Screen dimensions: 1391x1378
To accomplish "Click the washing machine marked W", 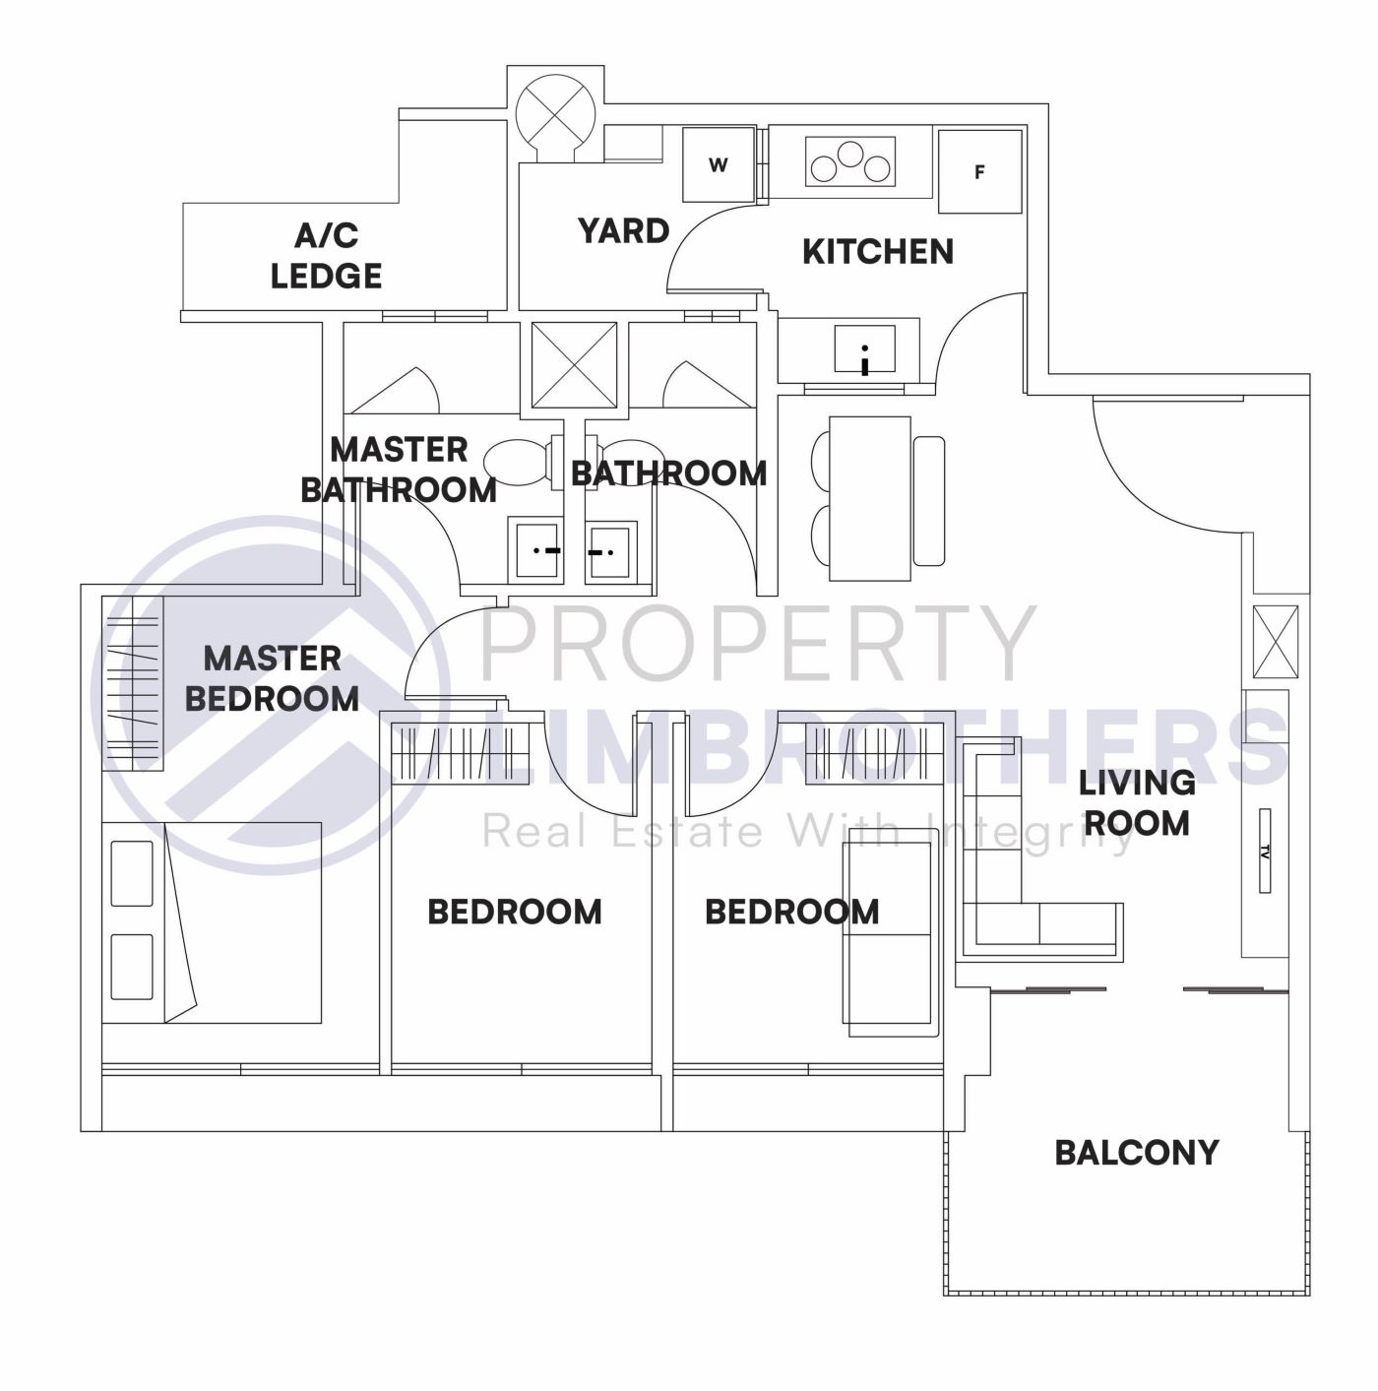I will click(719, 165).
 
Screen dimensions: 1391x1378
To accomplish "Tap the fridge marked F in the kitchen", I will click(979, 172).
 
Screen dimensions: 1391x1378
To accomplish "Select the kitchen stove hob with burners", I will click(850, 162).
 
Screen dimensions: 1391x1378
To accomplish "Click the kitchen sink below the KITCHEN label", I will click(864, 349).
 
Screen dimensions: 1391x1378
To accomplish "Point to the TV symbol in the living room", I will click(1264, 852).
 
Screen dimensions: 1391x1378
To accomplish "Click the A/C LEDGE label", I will click(326, 256).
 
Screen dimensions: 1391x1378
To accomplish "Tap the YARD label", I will click(623, 231).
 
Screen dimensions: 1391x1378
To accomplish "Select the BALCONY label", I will click(1136, 1153).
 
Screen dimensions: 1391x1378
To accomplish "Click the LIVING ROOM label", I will click(1136, 802).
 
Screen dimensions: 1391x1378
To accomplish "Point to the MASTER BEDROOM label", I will click(272, 678).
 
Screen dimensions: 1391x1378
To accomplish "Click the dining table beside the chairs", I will click(869, 499).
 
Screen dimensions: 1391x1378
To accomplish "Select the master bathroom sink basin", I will click(536, 551).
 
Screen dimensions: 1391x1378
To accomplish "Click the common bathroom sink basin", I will click(610, 551).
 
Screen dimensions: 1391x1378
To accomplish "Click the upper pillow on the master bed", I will click(132, 873).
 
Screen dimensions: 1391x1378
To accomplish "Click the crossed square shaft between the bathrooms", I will click(574, 364).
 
